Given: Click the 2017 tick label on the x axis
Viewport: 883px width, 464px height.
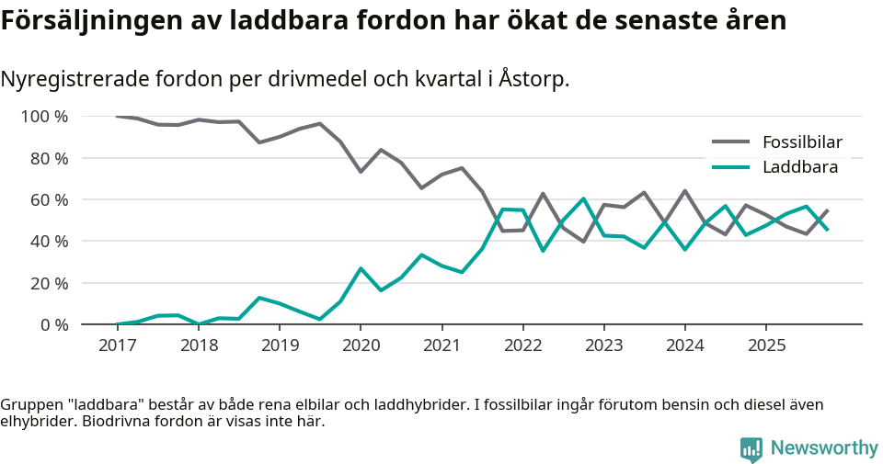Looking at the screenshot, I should (117, 345).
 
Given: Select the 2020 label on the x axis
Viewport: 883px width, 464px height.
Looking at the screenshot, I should (361, 345).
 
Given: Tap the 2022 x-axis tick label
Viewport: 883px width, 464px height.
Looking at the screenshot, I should (523, 345).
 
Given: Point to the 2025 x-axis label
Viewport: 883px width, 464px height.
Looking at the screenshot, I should (766, 345).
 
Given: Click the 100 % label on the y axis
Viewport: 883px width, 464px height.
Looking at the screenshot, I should (44, 117).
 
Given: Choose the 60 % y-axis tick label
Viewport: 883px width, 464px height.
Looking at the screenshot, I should (48, 199).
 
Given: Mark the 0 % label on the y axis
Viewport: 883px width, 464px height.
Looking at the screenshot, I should (52, 324).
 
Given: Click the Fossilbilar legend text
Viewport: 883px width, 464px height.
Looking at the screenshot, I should (802, 142).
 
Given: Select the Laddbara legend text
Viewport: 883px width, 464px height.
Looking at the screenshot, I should (799, 167).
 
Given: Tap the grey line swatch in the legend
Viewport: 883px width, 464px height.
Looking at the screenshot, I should (731, 142).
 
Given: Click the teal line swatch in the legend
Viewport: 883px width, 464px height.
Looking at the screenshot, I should (731, 167).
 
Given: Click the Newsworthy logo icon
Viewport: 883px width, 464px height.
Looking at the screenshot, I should (751, 448).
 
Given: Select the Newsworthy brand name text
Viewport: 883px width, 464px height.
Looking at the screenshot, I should (824, 448).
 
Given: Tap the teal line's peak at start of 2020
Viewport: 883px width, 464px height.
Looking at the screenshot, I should (361, 268).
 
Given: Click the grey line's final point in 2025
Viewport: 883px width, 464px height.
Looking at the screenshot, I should (828, 209).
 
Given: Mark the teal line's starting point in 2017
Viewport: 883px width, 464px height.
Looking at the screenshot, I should (117, 324).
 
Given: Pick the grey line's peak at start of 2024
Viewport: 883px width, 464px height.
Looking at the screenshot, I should (685, 191).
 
